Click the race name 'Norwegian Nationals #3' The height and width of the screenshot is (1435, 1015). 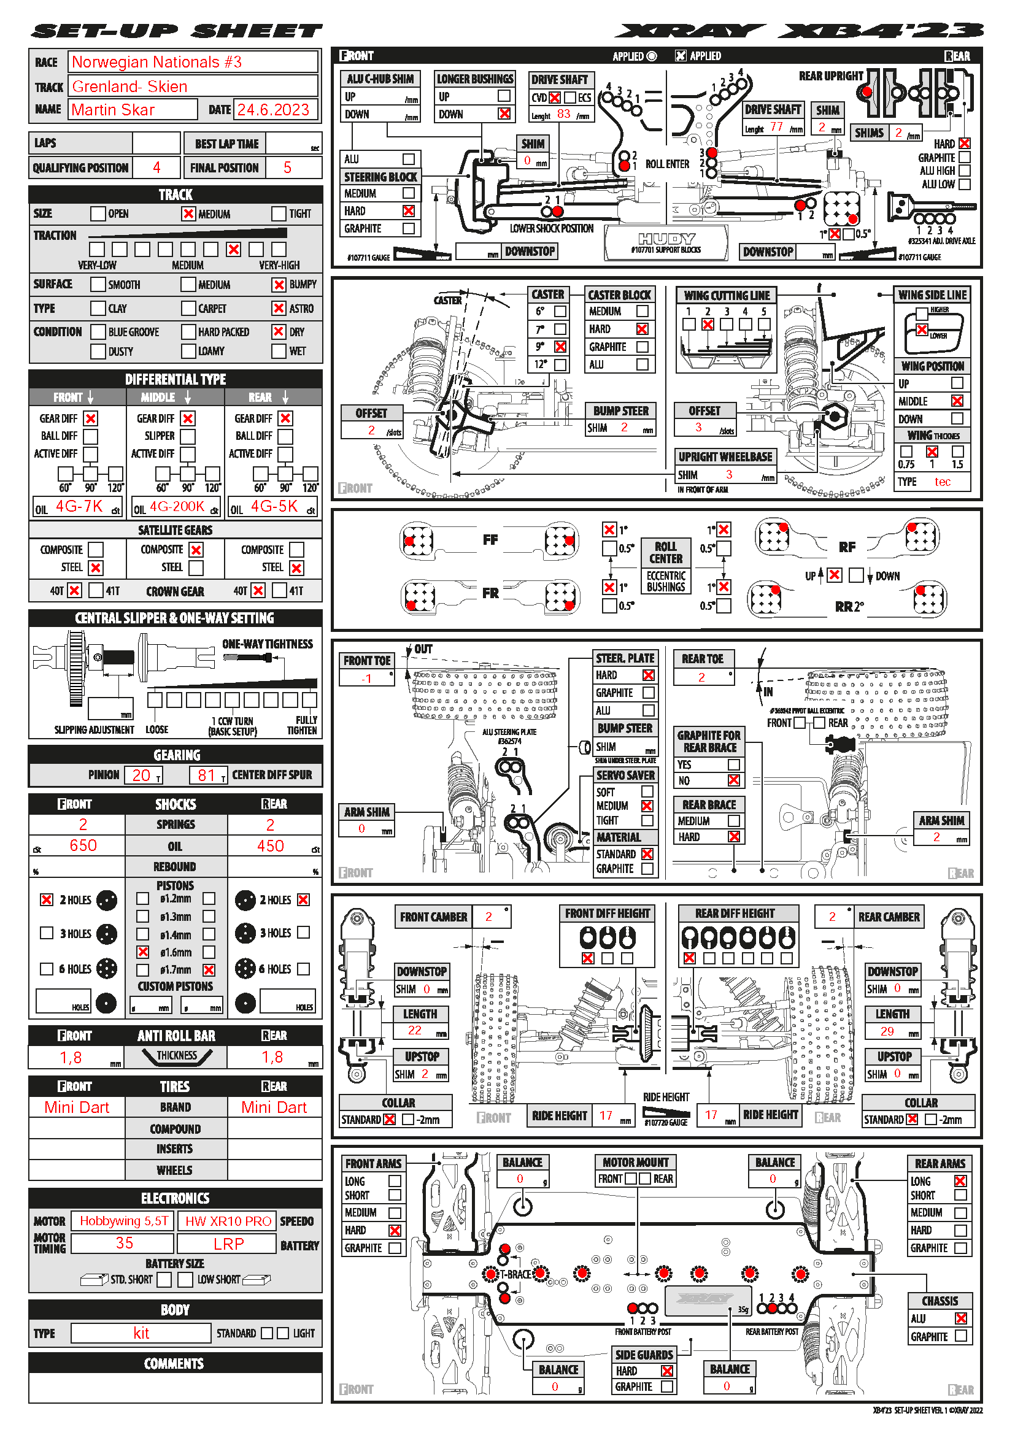click(x=157, y=63)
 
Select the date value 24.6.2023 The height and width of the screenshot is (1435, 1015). click(x=273, y=110)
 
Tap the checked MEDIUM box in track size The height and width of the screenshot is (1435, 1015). click(x=188, y=214)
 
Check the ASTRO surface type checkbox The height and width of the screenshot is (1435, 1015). click(x=279, y=308)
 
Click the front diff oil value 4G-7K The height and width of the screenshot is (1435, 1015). click(x=79, y=506)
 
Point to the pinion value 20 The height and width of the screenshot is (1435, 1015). click(x=141, y=775)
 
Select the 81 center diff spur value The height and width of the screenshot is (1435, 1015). click(x=206, y=775)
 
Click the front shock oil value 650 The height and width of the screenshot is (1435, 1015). click(x=83, y=845)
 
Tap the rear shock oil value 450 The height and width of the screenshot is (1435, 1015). click(x=270, y=845)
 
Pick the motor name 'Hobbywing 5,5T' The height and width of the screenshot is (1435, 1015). click(x=124, y=1221)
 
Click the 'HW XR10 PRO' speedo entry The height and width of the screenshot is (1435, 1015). click(x=228, y=1221)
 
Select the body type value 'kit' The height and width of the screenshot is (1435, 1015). click(x=141, y=1333)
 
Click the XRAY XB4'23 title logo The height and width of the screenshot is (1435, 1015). click(x=800, y=31)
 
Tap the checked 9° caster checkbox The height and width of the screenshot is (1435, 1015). click(x=561, y=346)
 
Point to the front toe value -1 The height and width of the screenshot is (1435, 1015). click(x=366, y=678)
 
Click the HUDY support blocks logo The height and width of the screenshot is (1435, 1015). click(x=666, y=240)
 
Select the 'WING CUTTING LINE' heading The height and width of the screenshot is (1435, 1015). click(x=726, y=296)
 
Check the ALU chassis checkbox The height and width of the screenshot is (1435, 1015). click(x=960, y=1318)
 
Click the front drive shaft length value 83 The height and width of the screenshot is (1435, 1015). click(x=563, y=114)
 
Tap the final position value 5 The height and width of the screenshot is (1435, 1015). click(x=287, y=167)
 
